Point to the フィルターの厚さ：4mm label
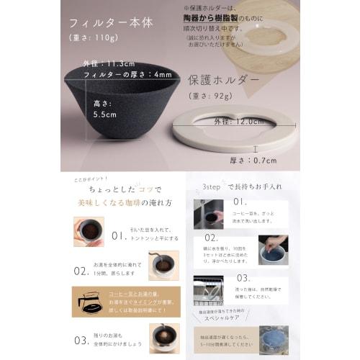click(x=127, y=75)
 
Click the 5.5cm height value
click(x=104, y=113)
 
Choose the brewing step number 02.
click(x=81, y=271)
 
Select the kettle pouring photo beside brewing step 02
click(x=163, y=266)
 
